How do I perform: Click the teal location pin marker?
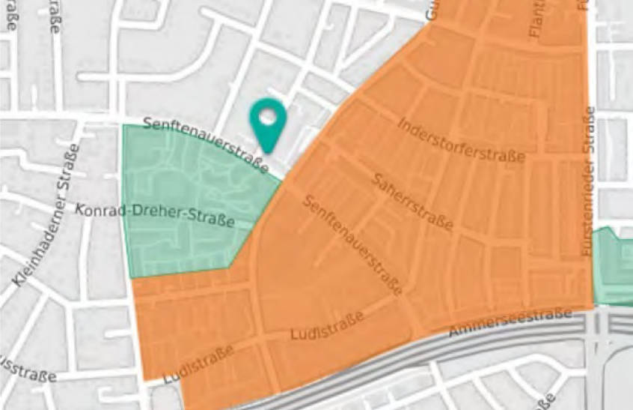pyautogui.click(x=268, y=124)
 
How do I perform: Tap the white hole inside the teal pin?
pyautogui.click(x=268, y=118)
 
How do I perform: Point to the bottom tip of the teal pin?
pyautogui.click(x=268, y=151)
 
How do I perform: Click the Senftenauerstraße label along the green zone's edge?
pyautogui.click(x=206, y=143)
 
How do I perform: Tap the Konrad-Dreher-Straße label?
pyautogui.click(x=156, y=215)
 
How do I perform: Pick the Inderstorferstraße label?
pyautogui.click(x=461, y=139)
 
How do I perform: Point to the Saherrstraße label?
pyautogui.click(x=412, y=201)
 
